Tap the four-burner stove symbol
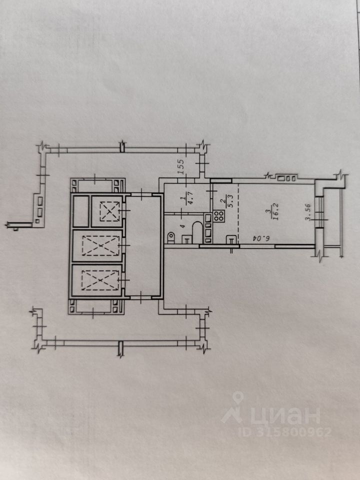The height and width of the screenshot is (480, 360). tap(219, 216)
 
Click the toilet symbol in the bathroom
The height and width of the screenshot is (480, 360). tap(170, 235)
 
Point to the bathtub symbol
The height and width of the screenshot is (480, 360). tap(196, 233)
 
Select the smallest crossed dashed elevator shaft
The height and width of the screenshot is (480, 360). tap(106, 210)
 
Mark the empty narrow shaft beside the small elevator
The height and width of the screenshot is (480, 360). tap(80, 210)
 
